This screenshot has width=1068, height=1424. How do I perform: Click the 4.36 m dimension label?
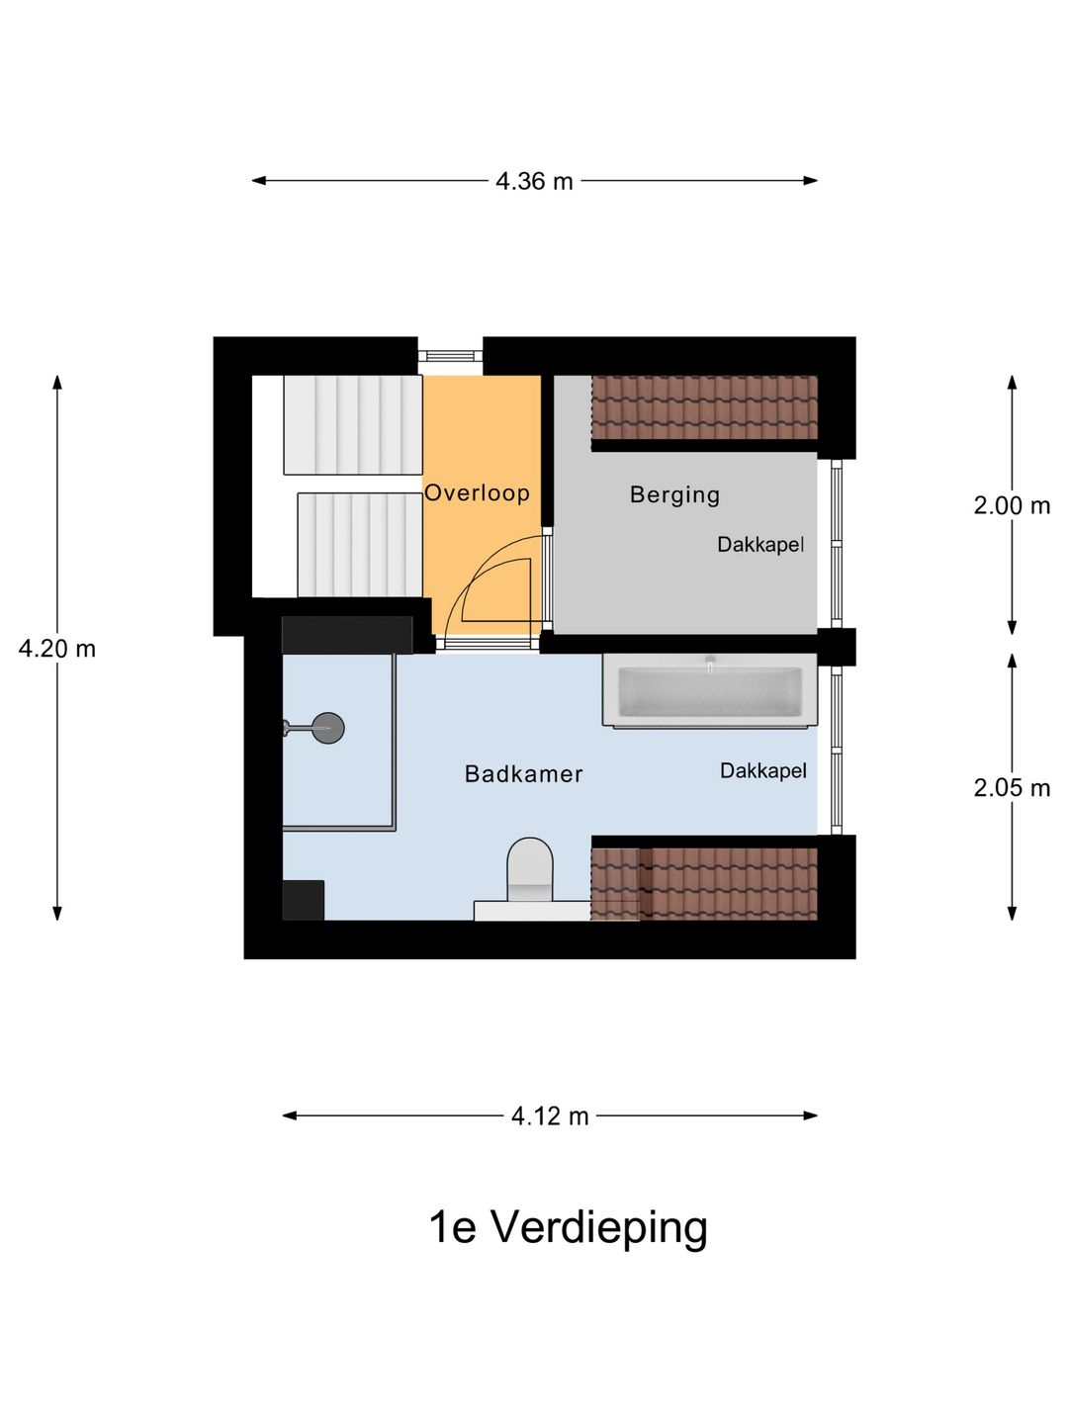[x=534, y=181]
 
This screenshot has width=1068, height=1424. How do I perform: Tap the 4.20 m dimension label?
[x=57, y=649]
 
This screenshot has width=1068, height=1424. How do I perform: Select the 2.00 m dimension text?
[x=1011, y=505]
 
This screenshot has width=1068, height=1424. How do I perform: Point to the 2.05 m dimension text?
[x=1011, y=787]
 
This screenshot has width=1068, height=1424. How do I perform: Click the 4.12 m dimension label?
[x=550, y=1115]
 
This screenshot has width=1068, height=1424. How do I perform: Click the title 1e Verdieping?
[x=568, y=1226]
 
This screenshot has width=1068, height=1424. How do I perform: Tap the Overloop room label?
[x=477, y=492]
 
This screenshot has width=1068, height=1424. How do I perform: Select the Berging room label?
[x=674, y=494]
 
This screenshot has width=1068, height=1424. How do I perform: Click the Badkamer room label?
[x=523, y=773]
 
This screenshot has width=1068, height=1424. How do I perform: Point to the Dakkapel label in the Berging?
[x=760, y=544]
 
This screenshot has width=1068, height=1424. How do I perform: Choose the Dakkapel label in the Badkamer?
[x=762, y=770]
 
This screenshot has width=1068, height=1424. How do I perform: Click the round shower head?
[x=327, y=728]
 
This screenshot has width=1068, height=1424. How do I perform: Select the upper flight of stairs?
[x=352, y=424]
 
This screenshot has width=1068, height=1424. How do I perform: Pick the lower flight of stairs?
[x=359, y=544]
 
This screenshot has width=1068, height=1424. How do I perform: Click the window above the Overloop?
[x=450, y=356]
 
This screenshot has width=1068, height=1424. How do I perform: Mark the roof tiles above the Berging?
[x=704, y=407]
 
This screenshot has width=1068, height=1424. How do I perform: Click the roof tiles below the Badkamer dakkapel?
[x=704, y=883]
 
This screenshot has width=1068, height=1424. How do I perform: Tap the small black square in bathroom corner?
[x=303, y=900]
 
